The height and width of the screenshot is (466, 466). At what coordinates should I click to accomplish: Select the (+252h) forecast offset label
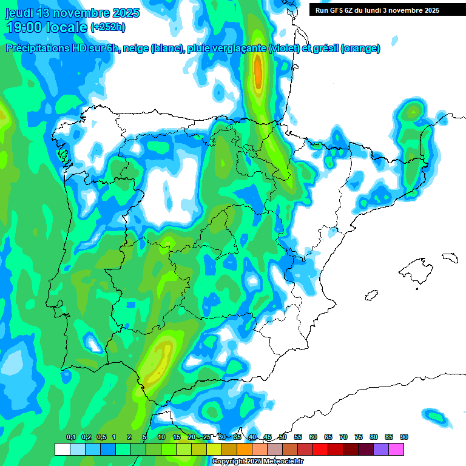107,27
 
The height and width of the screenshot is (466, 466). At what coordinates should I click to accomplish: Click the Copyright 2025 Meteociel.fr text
257,462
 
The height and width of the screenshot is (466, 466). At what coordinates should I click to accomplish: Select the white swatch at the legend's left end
62,449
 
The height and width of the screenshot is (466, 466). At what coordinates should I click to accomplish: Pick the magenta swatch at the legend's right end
396,449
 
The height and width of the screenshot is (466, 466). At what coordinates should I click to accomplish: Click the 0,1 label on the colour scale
71,437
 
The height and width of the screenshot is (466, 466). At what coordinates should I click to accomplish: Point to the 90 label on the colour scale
404,437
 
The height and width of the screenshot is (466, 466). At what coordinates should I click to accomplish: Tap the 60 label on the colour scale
313,437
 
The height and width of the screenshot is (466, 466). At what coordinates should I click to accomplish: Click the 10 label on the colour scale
161,437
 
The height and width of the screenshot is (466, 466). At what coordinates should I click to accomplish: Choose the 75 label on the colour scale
359,437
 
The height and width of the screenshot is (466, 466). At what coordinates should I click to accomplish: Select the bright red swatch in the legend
320,449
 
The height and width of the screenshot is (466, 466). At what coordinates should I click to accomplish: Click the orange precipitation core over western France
258,71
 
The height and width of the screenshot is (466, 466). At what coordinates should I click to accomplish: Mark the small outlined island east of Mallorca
450,258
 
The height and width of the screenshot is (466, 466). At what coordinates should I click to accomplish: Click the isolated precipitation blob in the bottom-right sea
435,416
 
